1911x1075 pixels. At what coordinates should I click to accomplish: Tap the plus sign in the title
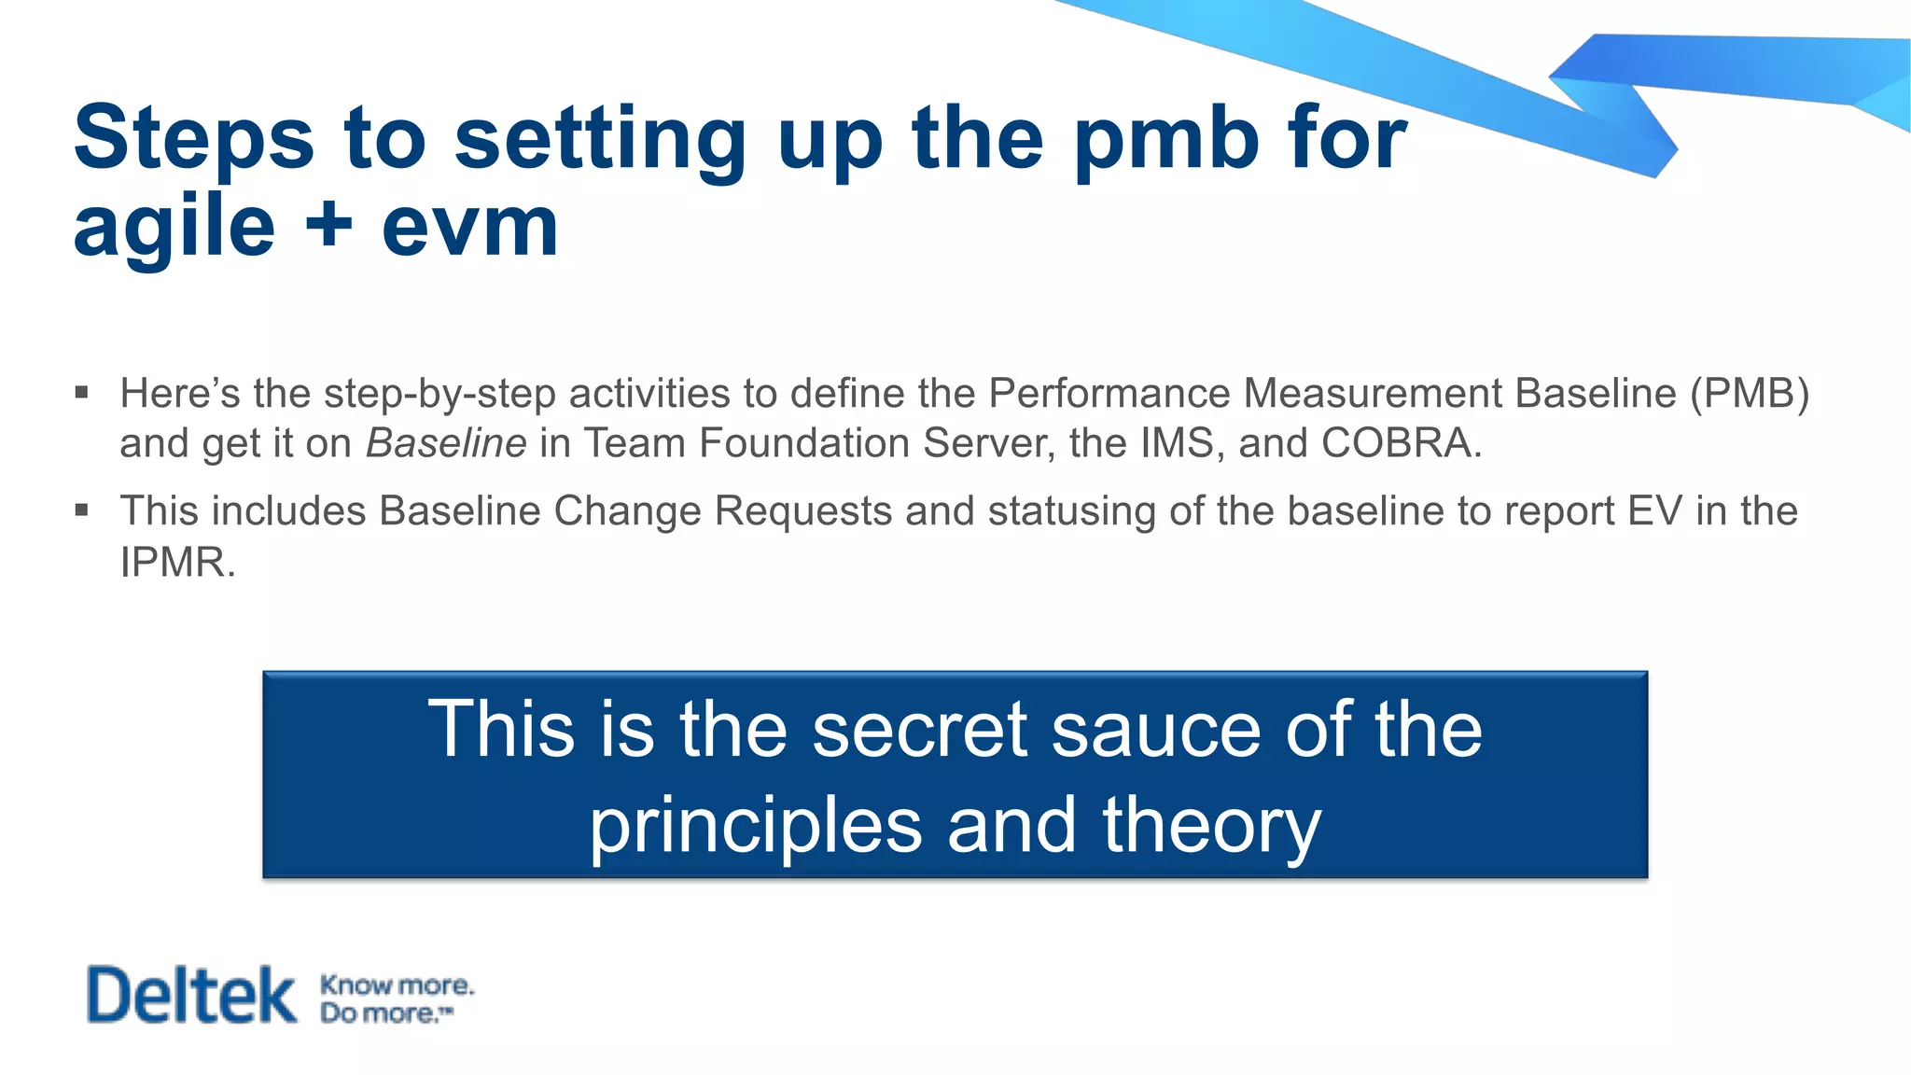[328, 227]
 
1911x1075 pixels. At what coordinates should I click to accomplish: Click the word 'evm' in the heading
[469, 227]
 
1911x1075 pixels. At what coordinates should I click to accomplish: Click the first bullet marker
[82, 393]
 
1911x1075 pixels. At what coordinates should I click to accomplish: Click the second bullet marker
[82, 510]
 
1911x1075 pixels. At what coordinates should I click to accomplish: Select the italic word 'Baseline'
[446, 443]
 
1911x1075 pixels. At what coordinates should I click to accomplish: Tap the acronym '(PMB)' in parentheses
[1750, 393]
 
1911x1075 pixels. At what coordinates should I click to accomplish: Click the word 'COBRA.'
[1402, 443]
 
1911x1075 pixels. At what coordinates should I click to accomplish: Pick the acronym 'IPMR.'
[178, 562]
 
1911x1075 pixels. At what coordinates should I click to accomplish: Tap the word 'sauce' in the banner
[1156, 729]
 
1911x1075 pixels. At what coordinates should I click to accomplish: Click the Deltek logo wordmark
[191, 996]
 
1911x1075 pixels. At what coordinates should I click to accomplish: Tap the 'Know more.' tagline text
[397, 984]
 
